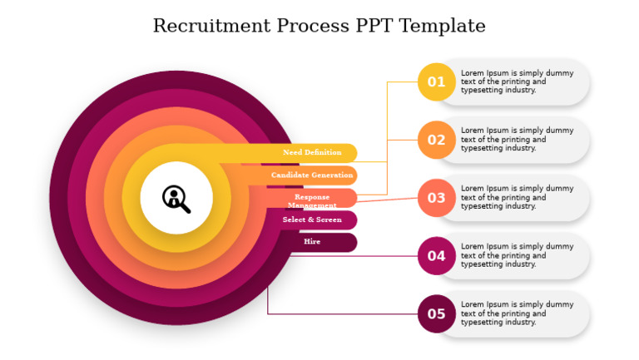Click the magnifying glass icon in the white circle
176,198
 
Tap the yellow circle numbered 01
436,81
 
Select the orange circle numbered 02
436,140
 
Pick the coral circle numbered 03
436,198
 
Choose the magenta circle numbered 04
436,256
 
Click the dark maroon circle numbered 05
436,313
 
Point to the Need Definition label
312,153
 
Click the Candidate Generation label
312,175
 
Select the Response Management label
312,200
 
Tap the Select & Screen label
312,219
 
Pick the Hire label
312,242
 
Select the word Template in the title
442,26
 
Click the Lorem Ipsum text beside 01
517,81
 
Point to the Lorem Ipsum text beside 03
517,198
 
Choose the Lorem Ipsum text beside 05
517,313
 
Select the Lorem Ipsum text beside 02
517,140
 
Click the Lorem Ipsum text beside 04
517,256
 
